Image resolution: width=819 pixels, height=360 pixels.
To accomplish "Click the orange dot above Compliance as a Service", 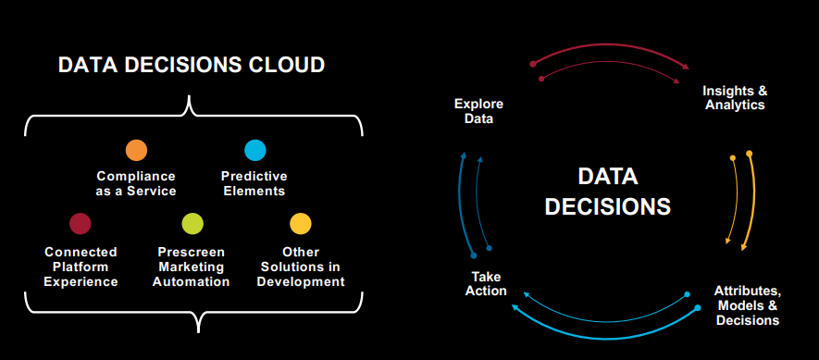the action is (136, 151).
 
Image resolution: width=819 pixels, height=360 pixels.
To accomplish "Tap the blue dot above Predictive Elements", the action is (255, 151).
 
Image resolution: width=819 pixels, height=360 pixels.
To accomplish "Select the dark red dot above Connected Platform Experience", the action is (81, 224).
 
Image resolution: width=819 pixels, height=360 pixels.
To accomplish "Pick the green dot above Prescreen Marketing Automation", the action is (192, 224).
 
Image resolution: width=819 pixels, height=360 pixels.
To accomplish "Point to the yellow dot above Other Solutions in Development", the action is (301, 224).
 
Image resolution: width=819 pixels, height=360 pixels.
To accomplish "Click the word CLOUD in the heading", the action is (286, 65).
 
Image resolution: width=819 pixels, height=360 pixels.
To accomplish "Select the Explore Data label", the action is (479, 111).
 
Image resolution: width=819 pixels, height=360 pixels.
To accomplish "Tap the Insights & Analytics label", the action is (735, 98).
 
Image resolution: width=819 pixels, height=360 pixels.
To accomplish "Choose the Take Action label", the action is (486, 284).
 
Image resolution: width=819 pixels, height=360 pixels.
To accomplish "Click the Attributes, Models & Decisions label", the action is (748, 305).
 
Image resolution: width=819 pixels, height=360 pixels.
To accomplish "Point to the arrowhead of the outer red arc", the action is (686, 67).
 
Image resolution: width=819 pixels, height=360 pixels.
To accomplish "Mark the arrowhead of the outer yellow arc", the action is (743, 248).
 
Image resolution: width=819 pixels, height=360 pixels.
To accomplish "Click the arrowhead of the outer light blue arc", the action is (515, 307).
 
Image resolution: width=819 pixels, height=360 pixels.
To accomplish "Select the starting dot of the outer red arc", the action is (533, 64).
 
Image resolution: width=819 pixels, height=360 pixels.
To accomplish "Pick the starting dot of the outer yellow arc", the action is (749, 154).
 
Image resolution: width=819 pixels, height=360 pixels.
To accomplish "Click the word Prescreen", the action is (192, 253).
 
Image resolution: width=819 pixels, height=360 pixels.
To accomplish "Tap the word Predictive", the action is (254, 176).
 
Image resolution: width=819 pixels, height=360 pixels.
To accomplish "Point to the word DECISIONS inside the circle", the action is (608, 206).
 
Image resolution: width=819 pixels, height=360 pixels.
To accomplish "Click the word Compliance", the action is (136, 176).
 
